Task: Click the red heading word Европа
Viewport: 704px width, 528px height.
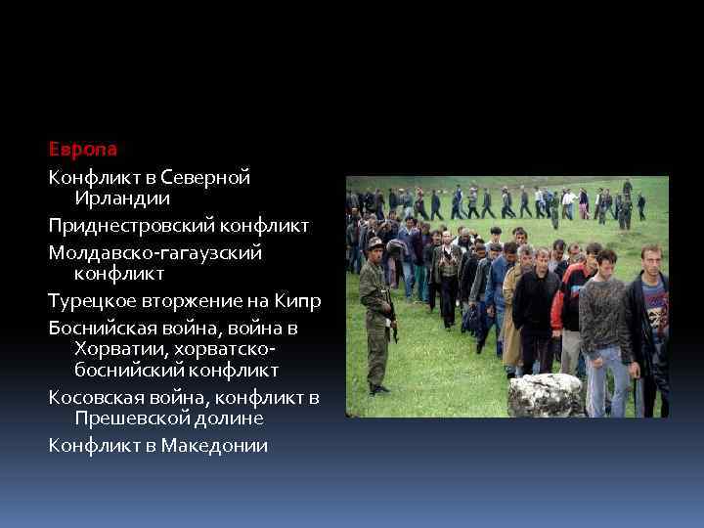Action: pyautogui.click(x=83, y=150)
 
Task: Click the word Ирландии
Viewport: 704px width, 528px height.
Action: pyautogui.click(x=121, y=198)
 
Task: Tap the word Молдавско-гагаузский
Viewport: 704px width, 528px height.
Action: pyautogui.click(x=154, y=252)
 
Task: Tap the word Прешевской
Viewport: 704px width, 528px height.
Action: pyautogui.click(x=134, y=418)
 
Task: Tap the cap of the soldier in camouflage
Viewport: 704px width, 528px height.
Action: pyautogui.click(x=374, y=243)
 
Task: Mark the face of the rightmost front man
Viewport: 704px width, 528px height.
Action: pyautogui.click(x=650, y=258)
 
